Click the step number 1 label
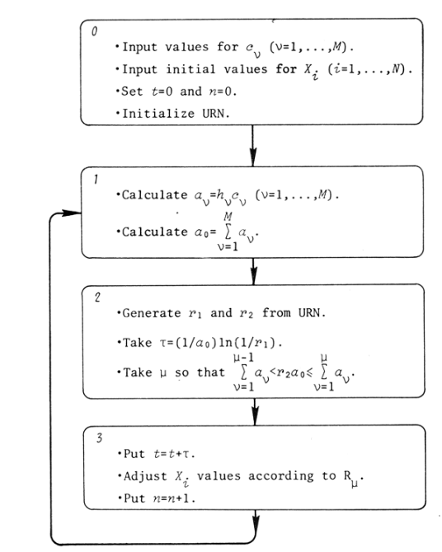96,177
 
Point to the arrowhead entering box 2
253,277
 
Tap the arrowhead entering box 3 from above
253,417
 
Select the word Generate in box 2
149,315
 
